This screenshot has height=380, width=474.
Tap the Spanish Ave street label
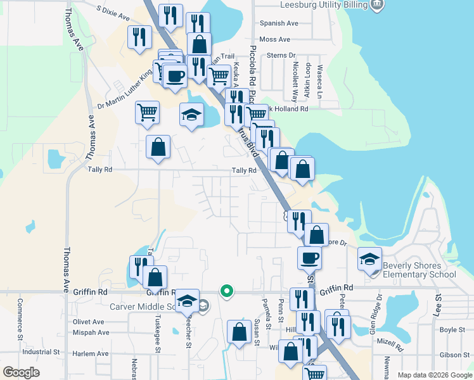[x=278, y=23]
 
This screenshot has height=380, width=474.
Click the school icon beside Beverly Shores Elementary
[x=370, y=258]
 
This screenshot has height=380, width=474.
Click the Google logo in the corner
[x=21, y=372]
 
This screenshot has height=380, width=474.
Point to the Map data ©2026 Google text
[x=434, y=375]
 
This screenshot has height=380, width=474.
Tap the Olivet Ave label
[x=88, y=322]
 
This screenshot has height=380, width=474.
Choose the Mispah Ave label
[x=90, y=332]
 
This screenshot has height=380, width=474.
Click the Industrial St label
[x=41, y=351]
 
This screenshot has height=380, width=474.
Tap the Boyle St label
[x=452, y=330]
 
